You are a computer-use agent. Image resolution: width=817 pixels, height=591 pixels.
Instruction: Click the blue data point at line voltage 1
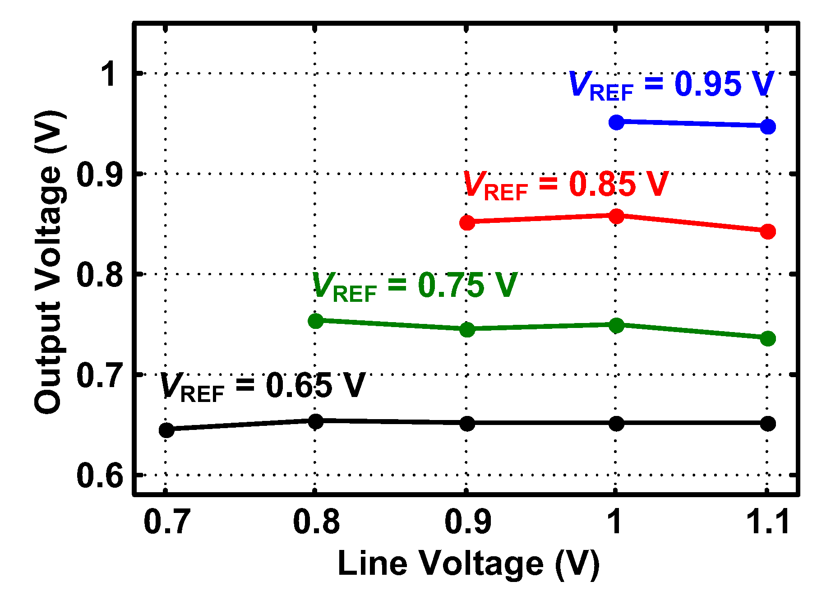pyautogui.click(x=616, y=122)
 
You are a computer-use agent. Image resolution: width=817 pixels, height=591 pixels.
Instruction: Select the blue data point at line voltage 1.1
pyautogui.click(x=767, y=127)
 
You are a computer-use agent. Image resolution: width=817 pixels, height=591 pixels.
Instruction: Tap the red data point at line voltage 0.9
pyautogui.click(x=467, y=222)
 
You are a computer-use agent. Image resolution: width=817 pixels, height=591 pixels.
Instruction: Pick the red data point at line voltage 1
pyautogui.click(x=616, y=217)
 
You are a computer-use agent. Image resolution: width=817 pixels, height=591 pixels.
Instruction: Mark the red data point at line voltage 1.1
pyautogui.click(x=767, y=232)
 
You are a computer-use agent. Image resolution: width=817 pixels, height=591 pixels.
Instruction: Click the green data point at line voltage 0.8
pyautogui.click(x=315, y=321)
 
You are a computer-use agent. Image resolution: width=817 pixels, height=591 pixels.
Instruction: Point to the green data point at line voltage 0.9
pyautogui.click(x=467, y=330)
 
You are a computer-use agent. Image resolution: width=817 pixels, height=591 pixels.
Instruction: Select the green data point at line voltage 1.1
pyautogui.click(x=767, y=339)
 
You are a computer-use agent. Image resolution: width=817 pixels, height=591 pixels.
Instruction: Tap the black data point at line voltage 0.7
pyautogui.click(x=166, y=430)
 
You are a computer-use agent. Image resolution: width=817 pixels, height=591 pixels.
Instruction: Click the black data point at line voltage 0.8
pyautogui.click(x=315, y=422)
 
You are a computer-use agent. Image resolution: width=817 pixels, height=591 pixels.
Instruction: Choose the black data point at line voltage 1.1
pyautogui.click(x=767, y=424)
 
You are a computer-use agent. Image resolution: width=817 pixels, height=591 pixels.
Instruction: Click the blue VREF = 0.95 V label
pyautogui.click(x=671, y=85)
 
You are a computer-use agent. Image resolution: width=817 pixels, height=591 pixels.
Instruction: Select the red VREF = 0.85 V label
pyautogui.click(x=566, y=185)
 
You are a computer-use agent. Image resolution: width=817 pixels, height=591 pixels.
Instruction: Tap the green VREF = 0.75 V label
pyautogui.click(x=414, y=286)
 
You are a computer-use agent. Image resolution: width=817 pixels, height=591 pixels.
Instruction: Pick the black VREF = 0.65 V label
pyautogui.click(x=262, y=387)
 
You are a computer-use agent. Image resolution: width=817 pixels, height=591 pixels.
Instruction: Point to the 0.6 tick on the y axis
pyautogui.click(x=100, y=475)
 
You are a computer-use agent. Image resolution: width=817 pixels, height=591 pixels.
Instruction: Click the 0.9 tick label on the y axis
pyautogui.click(x=100, y=175)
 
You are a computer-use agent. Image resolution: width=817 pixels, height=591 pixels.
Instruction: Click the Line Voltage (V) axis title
pyautogui.click(x=468, y=564)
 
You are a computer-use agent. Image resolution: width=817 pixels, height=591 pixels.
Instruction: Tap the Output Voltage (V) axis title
pyautogui.click(x=48, y=262)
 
